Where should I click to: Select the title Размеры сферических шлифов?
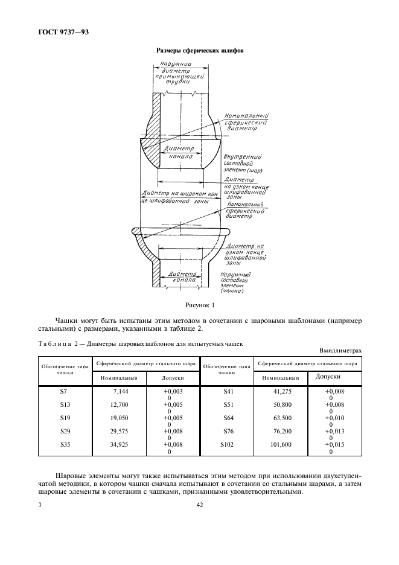click(199, 51)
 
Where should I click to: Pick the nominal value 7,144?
click(121, 392)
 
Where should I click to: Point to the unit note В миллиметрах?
click(339, 351)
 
